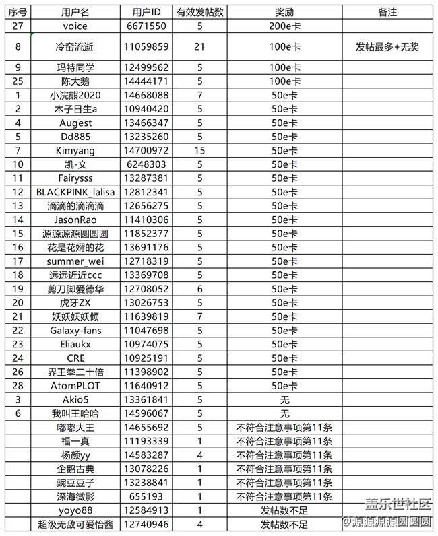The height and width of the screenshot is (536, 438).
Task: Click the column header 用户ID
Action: [x=147, y=13]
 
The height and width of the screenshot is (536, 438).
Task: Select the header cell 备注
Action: [x=388, y=13]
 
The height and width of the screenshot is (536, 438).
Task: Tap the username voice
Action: [x=75, y=26]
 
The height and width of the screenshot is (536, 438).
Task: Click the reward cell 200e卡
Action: [x=284, y=26]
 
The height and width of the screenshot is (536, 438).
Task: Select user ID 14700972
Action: [x=147, y=150]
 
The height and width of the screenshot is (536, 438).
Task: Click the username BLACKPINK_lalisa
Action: [x=75, y=191]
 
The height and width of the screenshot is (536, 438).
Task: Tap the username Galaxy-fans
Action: [x=75, y=330]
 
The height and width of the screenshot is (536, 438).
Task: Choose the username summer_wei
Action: [x=75, y=261]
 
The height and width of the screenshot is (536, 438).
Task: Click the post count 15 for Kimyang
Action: [x=199, y=150]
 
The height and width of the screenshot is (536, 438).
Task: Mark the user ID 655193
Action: [x=147, y=496]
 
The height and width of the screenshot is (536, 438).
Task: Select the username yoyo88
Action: [x=75, y=510]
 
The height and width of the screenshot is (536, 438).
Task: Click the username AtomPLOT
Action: [x=75, y=385]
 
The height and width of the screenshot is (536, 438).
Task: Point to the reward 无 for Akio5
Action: [x=284, y=399]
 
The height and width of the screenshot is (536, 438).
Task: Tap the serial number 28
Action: [x=18, y=385]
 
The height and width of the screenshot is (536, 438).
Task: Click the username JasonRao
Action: [x=75, y=219]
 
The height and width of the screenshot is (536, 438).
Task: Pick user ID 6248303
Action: [x=147, y=164]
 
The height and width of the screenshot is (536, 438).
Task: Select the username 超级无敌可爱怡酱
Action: [x=75, y=524]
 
